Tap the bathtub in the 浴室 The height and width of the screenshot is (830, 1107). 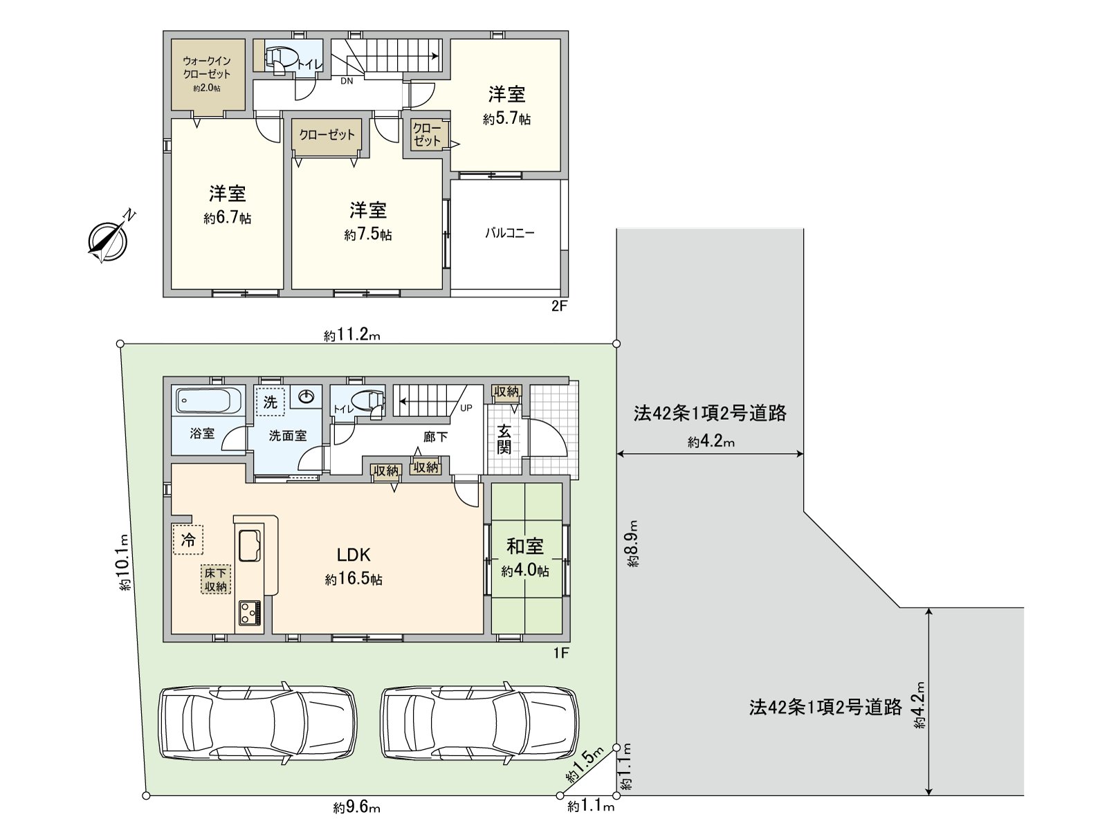pos(208,400)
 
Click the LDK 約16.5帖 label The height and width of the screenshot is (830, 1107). pos(354,566)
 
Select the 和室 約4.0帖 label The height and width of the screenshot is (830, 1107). pos(525,557)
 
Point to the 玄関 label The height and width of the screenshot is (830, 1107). pos(504,439)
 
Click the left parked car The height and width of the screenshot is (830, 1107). pos(259,723)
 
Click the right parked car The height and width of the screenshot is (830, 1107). pos(479,723)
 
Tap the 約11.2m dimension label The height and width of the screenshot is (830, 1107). pos(352,336)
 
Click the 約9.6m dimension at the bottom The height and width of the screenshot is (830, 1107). pos(356,807)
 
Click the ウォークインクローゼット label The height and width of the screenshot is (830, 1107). pos(206,73)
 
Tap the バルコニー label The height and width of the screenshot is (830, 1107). pos(509,233)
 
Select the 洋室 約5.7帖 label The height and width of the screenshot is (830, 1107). pos(506,105)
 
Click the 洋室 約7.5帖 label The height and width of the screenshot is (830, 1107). pos(367,221)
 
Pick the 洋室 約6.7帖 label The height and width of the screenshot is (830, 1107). pos(227,205)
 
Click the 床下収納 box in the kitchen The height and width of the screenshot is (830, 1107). pos(215,580)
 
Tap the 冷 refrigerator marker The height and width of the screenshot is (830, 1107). pos(188,539)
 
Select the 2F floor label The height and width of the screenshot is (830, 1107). pos(559,306)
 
